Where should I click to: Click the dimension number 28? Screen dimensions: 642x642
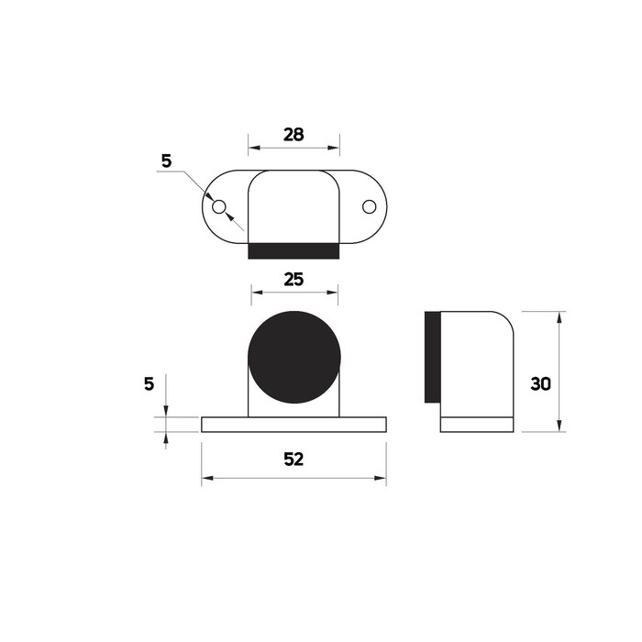[293, 134]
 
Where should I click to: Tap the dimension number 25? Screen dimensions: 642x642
[293, 281]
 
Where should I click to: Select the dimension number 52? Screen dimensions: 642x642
[293, 459]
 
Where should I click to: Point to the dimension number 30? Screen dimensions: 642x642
[541, 384]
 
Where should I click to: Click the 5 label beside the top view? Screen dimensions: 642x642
[166, 160]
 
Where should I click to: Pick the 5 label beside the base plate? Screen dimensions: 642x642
[149, 383]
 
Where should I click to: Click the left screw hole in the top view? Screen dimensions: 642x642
[218, 206]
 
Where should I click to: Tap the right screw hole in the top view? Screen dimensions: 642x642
[369, 206]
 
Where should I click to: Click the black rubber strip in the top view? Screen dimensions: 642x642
[294, 250]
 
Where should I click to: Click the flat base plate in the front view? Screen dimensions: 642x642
[293, 425]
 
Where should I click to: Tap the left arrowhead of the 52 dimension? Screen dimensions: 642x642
[206, 478]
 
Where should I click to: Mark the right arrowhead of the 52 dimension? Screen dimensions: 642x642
[382, 478]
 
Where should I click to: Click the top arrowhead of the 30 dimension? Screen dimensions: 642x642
[559, 316]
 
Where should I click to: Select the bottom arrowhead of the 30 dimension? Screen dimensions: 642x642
[559, 426]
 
